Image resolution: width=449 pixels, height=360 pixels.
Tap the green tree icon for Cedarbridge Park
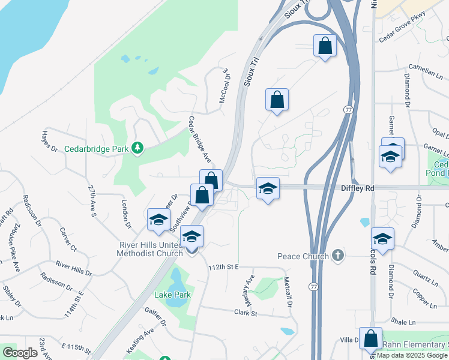pyautogui.click(x=138, y=148)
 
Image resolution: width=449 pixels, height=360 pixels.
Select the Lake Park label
pyautogui.click(x=172, y=295)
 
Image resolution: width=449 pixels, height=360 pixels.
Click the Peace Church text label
pyautogui.click(x=303, y=256)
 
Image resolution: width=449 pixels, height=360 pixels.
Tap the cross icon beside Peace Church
pyautogui.click(x=338, y=256)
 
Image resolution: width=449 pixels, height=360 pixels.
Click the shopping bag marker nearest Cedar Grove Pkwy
pyautogui.click(x=325, y=46)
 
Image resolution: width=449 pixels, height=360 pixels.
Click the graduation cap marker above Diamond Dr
pyautogui.click(x=382, y=239)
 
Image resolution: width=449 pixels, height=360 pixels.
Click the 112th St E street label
pyautogui.click(x=223, y=266)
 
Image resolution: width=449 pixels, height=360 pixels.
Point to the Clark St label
pyautogui.click(x=246, y=313)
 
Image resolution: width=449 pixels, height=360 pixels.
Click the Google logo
pyautogui.click(x=20, y=353)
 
